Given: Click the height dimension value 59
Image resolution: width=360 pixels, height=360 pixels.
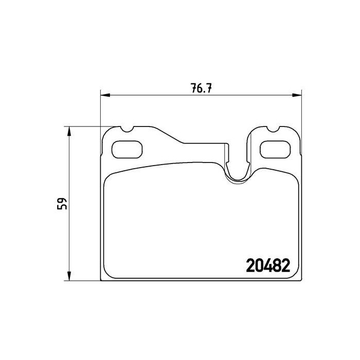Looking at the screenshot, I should (x=62, y=203).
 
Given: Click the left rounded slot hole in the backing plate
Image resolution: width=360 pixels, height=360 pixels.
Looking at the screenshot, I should (x=127, y=149).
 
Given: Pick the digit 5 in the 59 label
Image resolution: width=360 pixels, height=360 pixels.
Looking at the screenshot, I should (x=62, y=207).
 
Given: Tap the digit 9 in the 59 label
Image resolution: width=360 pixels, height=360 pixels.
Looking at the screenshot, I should (x=62, y=200).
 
